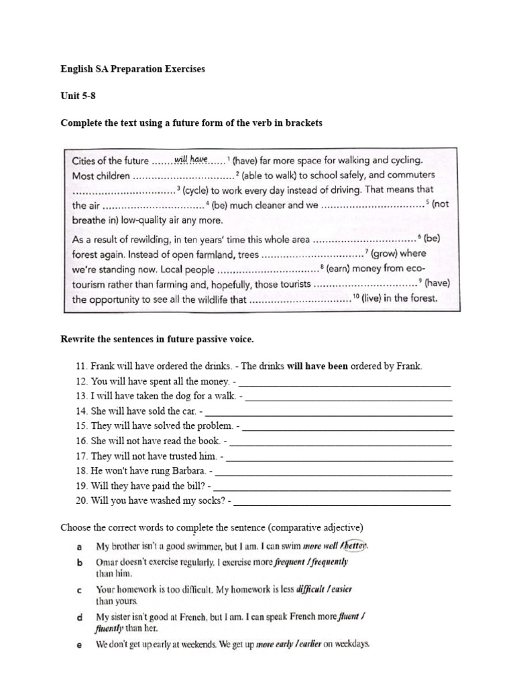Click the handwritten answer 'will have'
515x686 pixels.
click(191, 159)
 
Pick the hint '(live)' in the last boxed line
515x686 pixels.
click(373, 299)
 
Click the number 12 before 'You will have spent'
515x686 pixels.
click(82, 381)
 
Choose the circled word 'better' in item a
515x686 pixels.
click(355, 546)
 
